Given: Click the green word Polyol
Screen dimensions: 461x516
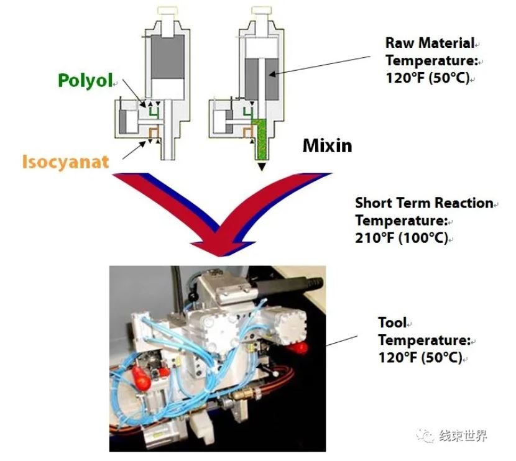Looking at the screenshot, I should pyautogui.click(x=85, y=80).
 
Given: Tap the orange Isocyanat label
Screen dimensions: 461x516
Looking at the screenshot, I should pyautogui.click(x=65, y=162).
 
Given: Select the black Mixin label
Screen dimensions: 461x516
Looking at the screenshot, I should pyautogui.click(x=327, y=146).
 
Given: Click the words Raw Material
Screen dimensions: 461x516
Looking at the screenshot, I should pyautogui.click(x=429, y=43).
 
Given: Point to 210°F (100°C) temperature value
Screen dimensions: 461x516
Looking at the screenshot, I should pyautogui.click(x=401, y=238).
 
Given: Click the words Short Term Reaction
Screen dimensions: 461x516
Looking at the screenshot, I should pyautogui.click(x=423, y=203).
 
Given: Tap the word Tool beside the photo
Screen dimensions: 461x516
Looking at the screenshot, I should pyautogui.click(x=392, y=322).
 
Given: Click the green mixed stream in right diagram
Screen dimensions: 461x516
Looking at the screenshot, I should pyautogui.click(x=261, y=140).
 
